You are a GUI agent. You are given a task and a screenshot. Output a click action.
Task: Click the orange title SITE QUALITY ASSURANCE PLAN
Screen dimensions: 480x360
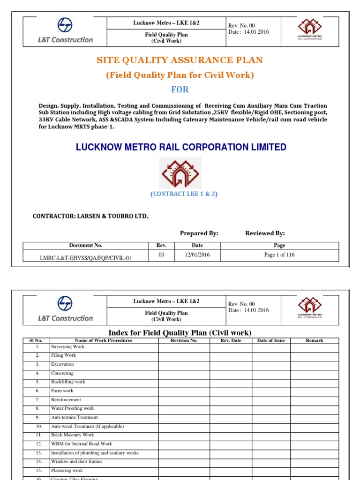tap(180, 60)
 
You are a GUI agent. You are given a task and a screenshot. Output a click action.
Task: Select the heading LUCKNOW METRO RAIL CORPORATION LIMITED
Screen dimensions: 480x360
tap(181, 147)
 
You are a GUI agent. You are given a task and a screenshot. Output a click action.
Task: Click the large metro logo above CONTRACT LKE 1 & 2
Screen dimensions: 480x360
tap(180, 172)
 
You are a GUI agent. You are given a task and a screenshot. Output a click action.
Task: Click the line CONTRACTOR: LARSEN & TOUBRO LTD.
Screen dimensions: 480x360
tap(90, 216)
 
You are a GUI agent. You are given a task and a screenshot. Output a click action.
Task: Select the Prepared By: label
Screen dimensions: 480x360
tap(199, 233)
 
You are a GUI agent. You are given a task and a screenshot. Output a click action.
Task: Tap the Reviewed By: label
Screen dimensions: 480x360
tap(265, 233)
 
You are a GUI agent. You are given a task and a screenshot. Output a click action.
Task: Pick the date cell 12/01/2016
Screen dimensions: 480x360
tap(197, 255)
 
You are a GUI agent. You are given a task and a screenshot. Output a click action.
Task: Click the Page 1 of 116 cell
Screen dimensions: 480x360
tap(279, 255)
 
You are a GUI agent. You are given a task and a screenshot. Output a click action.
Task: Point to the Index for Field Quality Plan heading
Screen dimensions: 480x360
tap(180, 333)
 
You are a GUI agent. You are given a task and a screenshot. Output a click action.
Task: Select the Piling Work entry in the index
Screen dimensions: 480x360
tap(63, 355)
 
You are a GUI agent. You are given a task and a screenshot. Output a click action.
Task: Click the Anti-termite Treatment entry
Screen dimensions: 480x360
tap(74, 417)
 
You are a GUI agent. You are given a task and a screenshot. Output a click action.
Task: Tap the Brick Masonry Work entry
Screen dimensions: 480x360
tap(72, 435)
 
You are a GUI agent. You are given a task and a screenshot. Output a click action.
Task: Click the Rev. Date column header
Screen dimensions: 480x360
tap(231, 340)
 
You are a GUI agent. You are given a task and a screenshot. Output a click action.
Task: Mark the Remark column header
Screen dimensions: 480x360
tap(314, 340)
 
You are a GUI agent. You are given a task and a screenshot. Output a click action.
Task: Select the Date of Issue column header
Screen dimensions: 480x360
tap(271, 340)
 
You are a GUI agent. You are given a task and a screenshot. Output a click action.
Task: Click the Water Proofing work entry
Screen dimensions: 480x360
tap(72, 408)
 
